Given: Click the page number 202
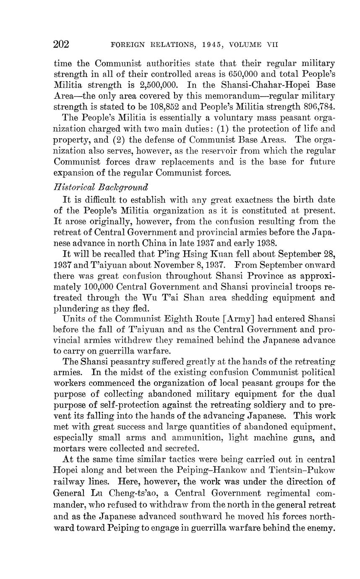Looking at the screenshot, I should pyautogui.click(x=61, y=45).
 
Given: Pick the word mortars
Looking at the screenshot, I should pyautogui.click(x=69, y=448).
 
